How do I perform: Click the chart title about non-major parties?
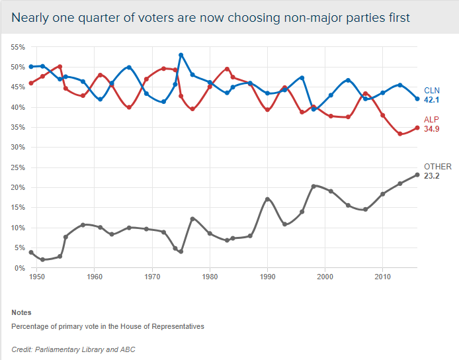coord(210,18)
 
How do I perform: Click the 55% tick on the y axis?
coord(17,47)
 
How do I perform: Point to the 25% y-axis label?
coord(17,167)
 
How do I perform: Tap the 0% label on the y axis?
coord(20,268)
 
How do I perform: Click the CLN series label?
coord(432,91)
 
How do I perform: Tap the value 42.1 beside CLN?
coord(433,100)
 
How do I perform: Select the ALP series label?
coord(431,120)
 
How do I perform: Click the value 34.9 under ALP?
coord(433,129)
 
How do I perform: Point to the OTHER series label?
coord(438,167)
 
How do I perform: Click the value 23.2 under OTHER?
coord(433,177)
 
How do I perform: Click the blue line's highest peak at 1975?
coord(181,55)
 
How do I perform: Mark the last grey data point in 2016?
coord(417,175)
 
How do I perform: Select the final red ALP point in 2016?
coord(417,128)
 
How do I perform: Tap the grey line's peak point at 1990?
coord(267,199)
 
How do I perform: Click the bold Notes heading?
coord(21,312)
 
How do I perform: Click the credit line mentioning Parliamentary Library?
coord(73,349)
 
